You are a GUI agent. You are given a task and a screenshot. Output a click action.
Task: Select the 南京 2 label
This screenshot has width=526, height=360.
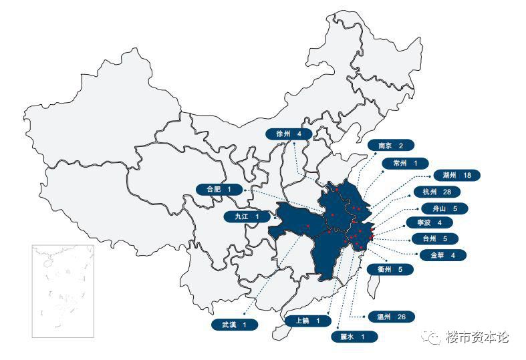(x=391, y=146)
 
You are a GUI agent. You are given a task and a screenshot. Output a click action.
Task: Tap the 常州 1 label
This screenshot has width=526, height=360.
(x=406, y=163)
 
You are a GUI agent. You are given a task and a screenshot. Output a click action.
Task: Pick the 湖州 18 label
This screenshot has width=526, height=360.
(x=457, y=175)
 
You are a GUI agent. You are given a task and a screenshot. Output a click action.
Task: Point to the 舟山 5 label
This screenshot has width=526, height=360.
(x=444, y=208)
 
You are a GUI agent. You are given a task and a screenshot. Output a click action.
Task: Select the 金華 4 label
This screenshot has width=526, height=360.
(x=443, y=254)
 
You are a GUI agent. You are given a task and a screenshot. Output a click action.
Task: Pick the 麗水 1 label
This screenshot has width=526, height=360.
(x=354, y=337)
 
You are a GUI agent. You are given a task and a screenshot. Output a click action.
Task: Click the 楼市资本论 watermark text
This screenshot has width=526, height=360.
(x=477, y=337)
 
